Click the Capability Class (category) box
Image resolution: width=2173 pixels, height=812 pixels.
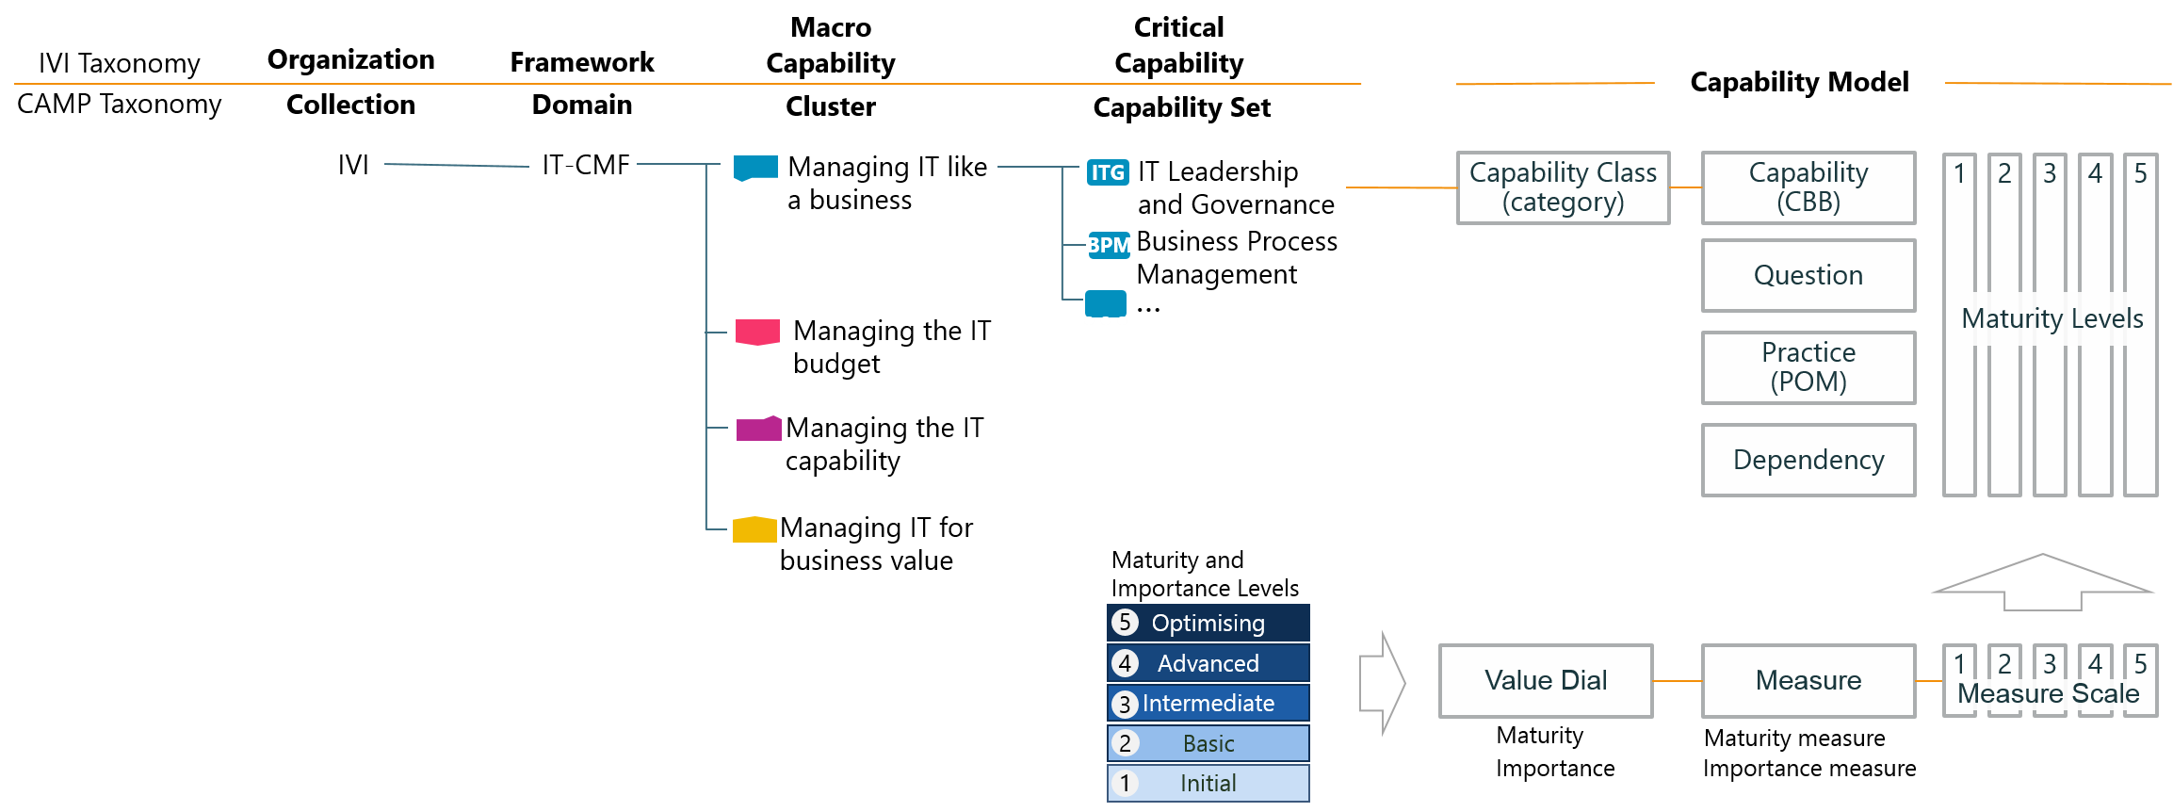[1563, 187]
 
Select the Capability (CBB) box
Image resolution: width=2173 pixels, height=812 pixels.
[1808, 187]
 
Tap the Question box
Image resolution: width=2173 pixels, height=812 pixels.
[1808, 275]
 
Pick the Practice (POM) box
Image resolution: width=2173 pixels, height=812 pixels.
[1808, 366]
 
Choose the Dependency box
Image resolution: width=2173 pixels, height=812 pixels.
[1808, 460]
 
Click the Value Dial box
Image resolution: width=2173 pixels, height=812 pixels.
[1545, 680]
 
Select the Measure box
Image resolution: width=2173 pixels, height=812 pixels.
[1808, 680]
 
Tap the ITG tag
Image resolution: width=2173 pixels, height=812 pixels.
[1108, 172]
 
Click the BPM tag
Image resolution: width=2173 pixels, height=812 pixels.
[1109, 245]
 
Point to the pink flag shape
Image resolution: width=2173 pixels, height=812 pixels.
[757, 332]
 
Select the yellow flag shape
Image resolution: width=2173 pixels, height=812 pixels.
[754, 529]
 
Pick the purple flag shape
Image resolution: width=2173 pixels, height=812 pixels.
[758, 429]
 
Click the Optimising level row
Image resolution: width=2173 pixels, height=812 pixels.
[1208, 623]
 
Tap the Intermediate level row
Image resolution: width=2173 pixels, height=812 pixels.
[1208, 703]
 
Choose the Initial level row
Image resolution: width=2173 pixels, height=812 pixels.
[1208, 783]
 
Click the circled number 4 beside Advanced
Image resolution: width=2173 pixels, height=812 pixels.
[1125, 663]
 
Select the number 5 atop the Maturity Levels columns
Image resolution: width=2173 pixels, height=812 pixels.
[2140, 173]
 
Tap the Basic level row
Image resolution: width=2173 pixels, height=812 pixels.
[1208, 743]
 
